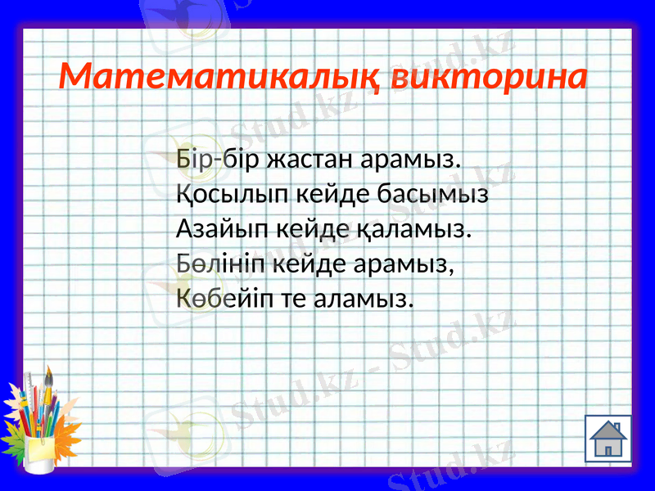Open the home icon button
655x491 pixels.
point(608,439)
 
